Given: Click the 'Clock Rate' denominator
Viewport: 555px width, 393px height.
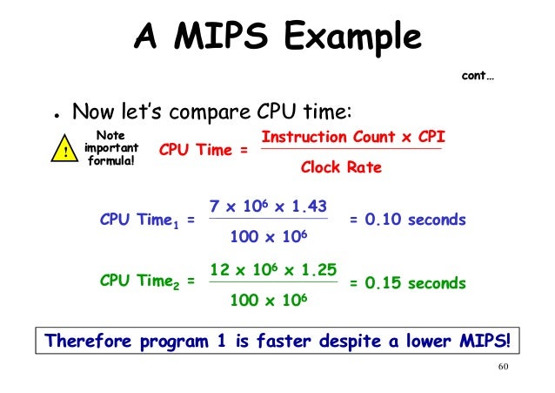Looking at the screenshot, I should [340, 167].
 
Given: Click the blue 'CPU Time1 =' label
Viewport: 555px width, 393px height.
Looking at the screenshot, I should [147, 221].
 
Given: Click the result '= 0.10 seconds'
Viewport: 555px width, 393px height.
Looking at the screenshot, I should [407, 220].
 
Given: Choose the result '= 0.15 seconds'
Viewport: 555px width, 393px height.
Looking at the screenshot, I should [407, 283].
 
